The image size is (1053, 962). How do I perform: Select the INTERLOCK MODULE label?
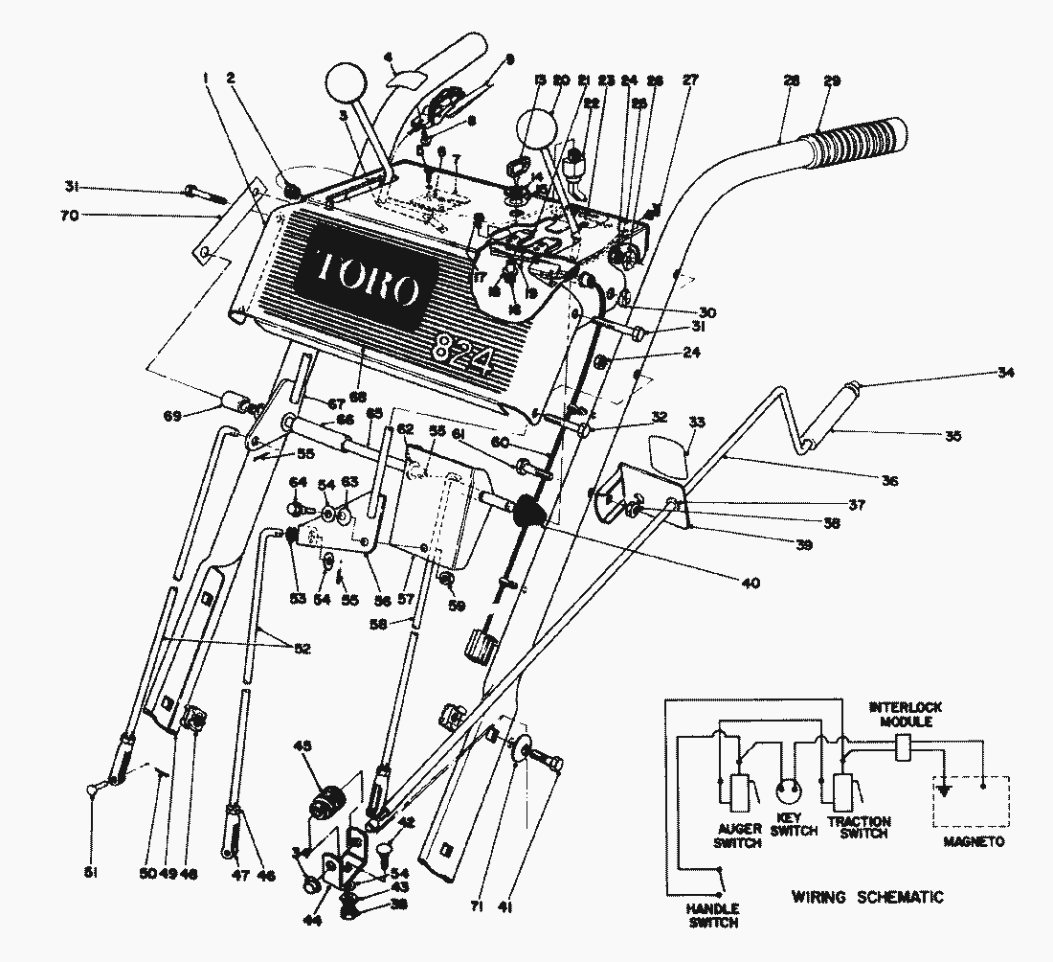pos(899,715)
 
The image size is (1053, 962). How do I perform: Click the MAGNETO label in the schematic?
pos(974,842)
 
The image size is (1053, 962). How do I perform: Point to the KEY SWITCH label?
pos(794,826)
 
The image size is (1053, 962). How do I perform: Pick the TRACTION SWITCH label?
pos(858,828)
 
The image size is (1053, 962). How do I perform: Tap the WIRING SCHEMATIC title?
pos(867,897)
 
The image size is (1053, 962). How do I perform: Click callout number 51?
pos(92,872)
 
